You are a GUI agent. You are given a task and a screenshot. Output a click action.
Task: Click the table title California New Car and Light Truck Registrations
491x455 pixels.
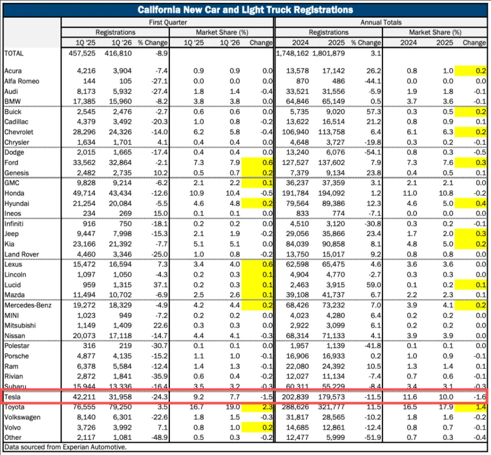point(246,10)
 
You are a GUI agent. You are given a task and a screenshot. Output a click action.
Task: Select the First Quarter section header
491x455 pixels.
point(168,22)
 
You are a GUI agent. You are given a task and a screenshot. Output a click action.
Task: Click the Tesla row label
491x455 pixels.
point(12,397)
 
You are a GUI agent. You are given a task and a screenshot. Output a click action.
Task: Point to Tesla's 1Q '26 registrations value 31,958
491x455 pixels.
point(120,397)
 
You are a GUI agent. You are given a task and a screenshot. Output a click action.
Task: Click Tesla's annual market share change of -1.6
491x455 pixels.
point(479,397)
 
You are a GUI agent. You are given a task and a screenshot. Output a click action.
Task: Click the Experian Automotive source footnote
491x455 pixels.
point(65,447)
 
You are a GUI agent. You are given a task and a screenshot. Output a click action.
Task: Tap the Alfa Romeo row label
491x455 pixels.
point(21,81)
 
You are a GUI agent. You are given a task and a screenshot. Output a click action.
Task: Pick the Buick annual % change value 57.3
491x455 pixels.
point(370,111)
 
